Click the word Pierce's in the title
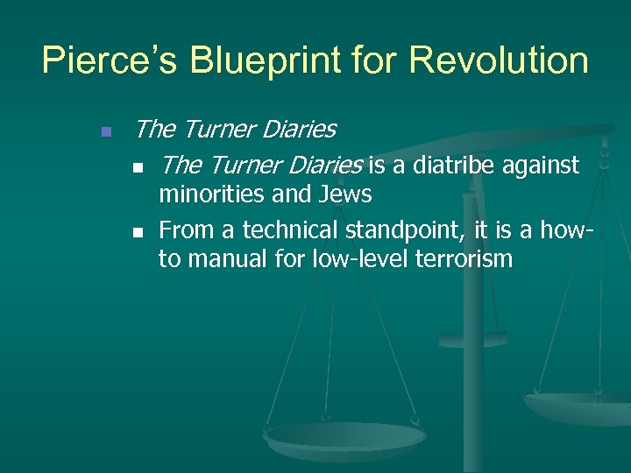click(x=109, y=60)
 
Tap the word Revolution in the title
click(x=501, y=60)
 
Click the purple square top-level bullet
click(x=105, y=132)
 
